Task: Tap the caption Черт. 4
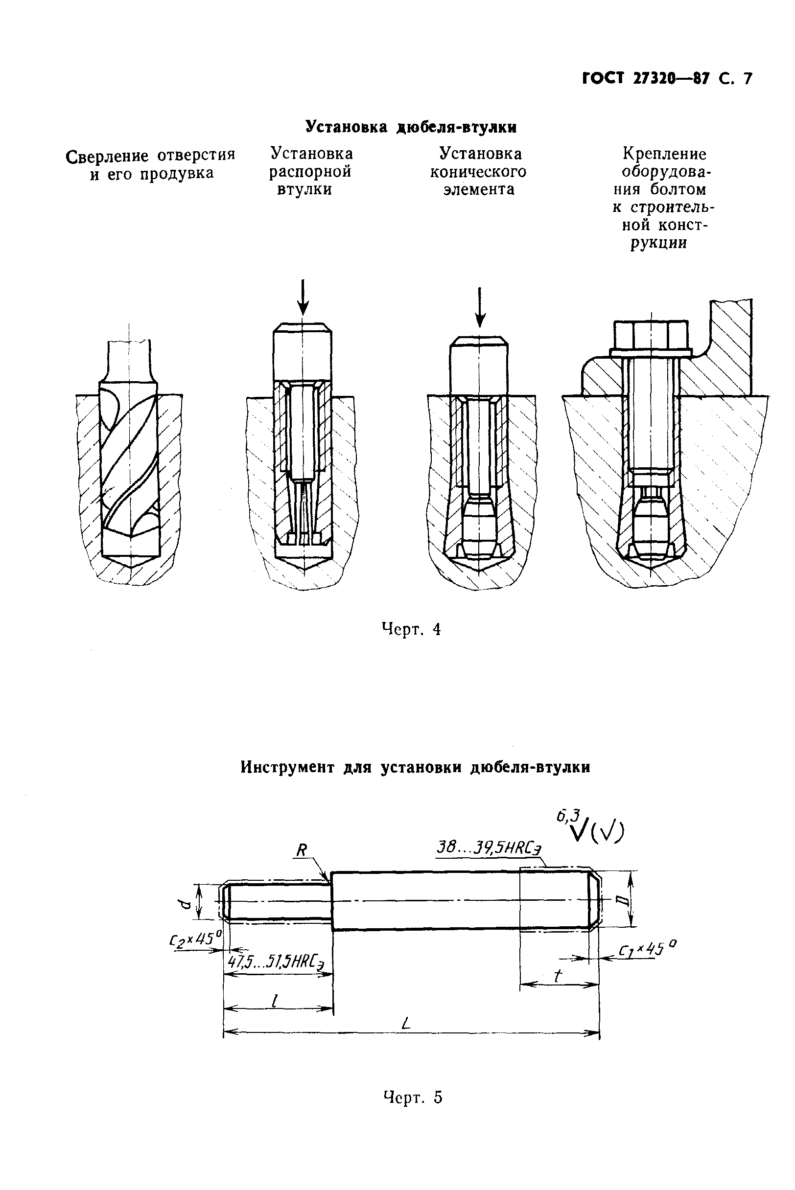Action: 411,629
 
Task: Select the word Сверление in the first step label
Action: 108,156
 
